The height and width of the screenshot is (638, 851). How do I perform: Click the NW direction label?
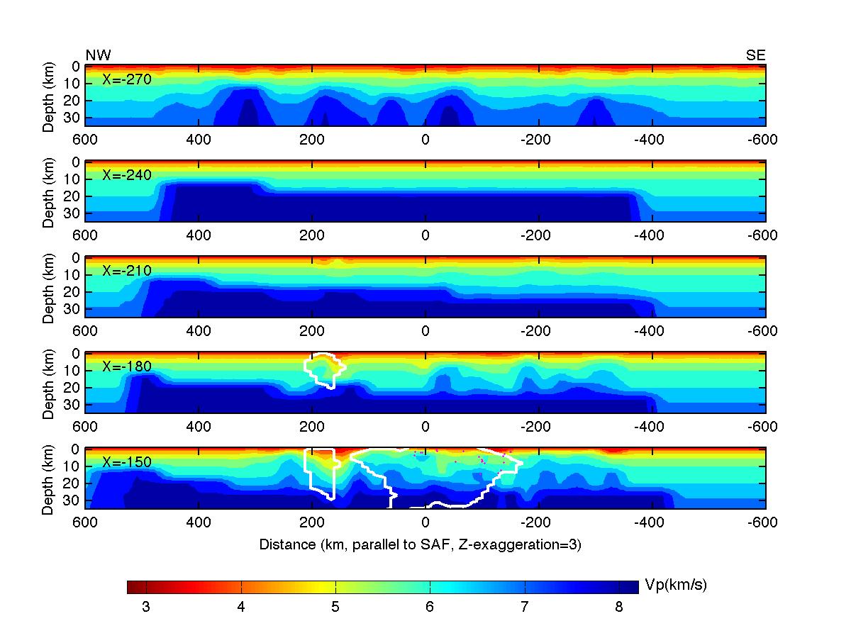click(98, 56)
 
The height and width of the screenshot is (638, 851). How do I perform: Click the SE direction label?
click(756, 56)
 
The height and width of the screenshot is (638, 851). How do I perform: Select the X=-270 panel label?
click(127, 79)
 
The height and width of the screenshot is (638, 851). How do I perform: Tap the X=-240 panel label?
click(127, 175)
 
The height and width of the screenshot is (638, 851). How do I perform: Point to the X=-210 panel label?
click(127, 271)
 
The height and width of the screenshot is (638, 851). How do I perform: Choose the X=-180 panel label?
click(127, 366)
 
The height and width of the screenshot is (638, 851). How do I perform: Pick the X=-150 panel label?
click(127, 462)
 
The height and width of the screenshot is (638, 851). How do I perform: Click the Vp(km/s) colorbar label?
click(676, 585)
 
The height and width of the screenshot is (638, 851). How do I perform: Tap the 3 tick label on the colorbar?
click(146, 608)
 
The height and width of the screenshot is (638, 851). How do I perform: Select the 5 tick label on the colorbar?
click(335, 608)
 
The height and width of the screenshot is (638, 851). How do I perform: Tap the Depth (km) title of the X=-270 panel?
click(48, 95)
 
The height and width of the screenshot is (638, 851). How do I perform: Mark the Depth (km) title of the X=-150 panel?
click(48, 478)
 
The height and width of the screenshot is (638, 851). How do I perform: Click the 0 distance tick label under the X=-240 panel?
click(425, 235)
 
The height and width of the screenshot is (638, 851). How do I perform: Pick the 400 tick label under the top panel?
click(199, 140)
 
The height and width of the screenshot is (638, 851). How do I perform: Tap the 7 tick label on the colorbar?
click(525, 608)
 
